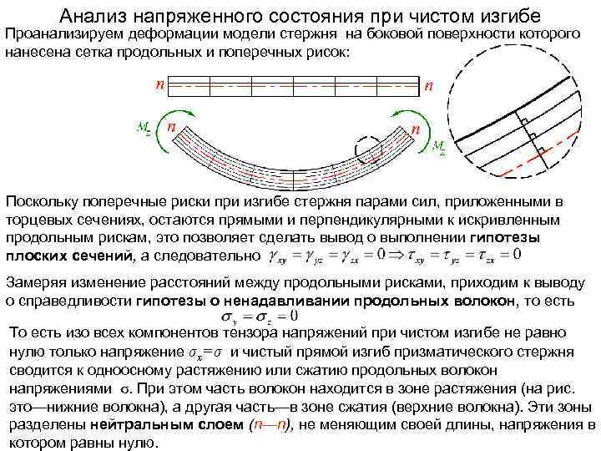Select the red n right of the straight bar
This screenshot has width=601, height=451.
428,85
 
